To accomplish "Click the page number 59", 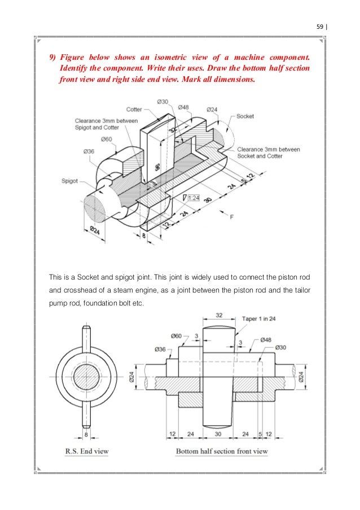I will point(320,25).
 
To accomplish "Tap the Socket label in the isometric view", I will point(245,116).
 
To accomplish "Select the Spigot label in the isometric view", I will point(69,181).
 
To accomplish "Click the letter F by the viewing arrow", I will point(231,217).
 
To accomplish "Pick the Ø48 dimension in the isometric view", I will point(183,107).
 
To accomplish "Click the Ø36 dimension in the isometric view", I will point(89,151).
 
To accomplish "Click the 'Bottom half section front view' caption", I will point(222,451).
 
